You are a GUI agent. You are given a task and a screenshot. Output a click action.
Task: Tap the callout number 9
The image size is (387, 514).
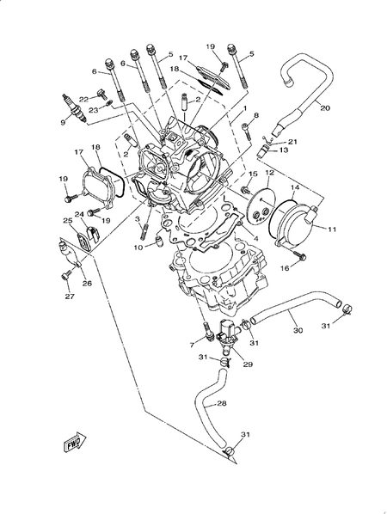(63, 121)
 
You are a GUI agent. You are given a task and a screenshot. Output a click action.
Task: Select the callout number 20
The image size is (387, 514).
(324, 108)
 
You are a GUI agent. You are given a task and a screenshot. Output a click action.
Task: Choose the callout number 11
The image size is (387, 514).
(331, 229)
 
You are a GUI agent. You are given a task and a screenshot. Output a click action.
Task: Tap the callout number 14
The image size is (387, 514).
(295, 187)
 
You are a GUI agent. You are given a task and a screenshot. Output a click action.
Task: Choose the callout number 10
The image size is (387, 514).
(138, 248)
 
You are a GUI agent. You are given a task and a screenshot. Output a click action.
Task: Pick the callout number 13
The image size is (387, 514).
(285, 150)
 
